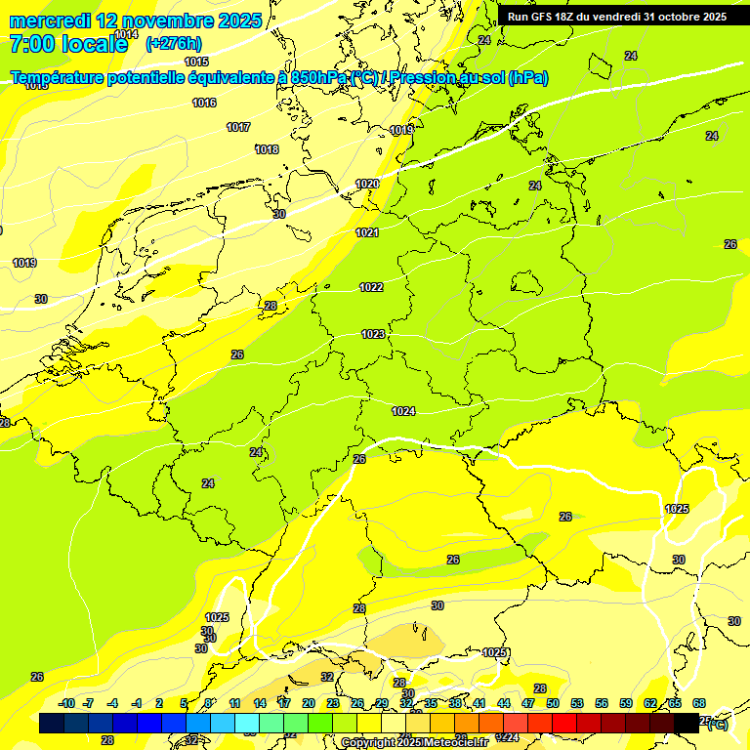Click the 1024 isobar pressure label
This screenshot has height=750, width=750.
[403, 411]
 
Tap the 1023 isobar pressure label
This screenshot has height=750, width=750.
[373, 334]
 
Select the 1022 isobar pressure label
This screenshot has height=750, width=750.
[371, 287]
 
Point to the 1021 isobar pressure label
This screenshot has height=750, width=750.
[367, 232]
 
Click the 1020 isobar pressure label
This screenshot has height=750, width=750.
[367, 184]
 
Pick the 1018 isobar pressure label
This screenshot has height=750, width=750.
[267, 149]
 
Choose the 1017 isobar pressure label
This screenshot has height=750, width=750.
[238, 127]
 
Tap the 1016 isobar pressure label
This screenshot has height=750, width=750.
[204, 103]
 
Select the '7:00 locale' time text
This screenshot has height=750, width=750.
[68, 44]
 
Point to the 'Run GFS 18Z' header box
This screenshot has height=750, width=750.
[616, 17]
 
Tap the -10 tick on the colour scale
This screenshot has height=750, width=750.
[66, 703]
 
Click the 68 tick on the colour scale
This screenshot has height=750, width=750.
[699, 703]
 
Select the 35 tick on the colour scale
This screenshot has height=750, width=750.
[431, 703]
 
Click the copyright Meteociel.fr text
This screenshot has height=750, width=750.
[413, 743]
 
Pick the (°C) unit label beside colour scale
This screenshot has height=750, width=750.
[716, 724]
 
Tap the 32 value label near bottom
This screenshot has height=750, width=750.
[327, 677]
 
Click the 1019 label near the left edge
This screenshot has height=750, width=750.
[24, 263]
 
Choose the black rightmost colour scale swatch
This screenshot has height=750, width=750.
[687, 723]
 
